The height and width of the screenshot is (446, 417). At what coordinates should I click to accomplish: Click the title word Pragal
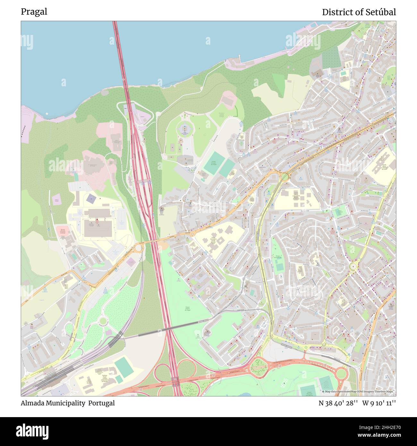[34, 12]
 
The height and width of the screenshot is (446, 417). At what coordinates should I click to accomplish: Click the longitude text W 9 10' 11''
[379, 403]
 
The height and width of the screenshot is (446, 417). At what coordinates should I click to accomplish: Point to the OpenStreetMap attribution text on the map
[358, 392]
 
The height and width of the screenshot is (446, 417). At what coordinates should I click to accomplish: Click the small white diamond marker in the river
[47, 114]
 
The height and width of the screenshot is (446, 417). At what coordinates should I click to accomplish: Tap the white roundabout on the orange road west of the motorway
[139, 247]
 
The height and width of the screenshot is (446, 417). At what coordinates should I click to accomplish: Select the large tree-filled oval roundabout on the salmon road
[258, 365]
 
